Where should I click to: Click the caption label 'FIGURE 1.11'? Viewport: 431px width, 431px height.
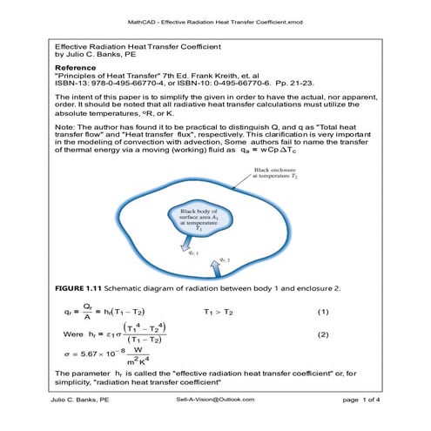click(x=81, y=287)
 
